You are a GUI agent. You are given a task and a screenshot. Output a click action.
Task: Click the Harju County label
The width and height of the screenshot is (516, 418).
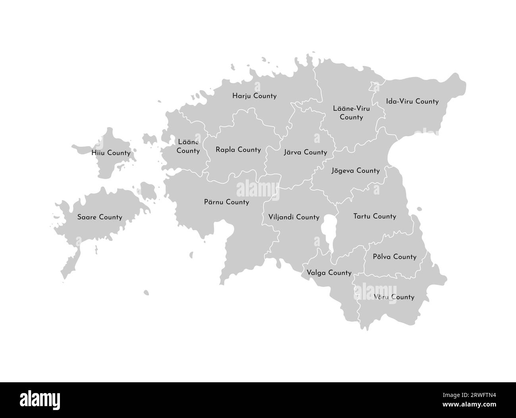[x=254, y=96]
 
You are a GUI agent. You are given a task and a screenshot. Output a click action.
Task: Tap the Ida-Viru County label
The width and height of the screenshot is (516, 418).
[x=412, y=101]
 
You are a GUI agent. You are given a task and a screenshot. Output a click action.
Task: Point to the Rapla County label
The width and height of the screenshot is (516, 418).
[x=238, y=150]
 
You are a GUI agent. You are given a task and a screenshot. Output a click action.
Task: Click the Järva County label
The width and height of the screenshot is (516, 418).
[x=306, y=152]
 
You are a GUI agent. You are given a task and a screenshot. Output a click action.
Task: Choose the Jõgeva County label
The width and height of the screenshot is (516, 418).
[x=355, y=171]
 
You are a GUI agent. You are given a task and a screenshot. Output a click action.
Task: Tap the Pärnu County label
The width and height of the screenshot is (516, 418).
[x=226, y=202]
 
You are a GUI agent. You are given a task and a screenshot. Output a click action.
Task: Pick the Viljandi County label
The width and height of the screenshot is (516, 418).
[x=294, y=217]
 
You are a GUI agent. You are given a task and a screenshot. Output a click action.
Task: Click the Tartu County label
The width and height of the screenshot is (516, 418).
[x=375, y=216]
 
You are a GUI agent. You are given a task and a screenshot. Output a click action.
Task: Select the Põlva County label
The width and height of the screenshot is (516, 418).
[x=395, y=257]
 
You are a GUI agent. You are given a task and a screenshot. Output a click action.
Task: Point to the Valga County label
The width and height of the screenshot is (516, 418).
[x=329, y=273]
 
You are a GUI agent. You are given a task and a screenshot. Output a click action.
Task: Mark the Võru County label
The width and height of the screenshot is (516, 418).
[x=394, y=297]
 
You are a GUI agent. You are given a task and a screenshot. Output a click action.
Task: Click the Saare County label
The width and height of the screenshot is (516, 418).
[x=100, y=217]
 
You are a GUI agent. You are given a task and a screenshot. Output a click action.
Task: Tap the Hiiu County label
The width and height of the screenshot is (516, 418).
[x=111, y=152]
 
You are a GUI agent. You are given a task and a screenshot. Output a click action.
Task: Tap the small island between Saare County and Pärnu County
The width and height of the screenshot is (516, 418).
[x=148, y=191]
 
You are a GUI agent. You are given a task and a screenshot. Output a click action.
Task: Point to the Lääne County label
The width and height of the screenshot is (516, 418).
[x=188, y=146]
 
